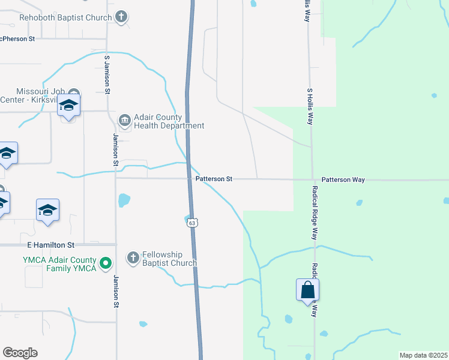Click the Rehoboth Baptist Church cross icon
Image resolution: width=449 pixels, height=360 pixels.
(122, 17)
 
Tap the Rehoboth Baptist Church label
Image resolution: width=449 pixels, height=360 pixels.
(66, 17)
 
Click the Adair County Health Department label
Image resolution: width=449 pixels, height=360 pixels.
(169, 121)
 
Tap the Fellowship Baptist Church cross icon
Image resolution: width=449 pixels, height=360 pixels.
(133, 258)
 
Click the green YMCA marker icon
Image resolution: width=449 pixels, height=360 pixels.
(106, 263)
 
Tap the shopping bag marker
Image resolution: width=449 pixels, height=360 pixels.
(307, 290)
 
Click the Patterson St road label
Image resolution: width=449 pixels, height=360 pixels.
(214, 179)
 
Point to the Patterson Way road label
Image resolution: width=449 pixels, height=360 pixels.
(343, 179)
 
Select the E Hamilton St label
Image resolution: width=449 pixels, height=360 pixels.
(50, 245)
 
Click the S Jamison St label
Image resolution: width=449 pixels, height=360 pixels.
(107, 74)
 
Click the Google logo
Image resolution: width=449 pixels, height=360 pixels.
(20, 353)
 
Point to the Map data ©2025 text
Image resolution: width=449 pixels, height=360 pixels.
(424, 355)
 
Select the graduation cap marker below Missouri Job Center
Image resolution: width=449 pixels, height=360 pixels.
(69, 106)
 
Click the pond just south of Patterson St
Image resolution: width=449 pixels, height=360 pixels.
(124, 200)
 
